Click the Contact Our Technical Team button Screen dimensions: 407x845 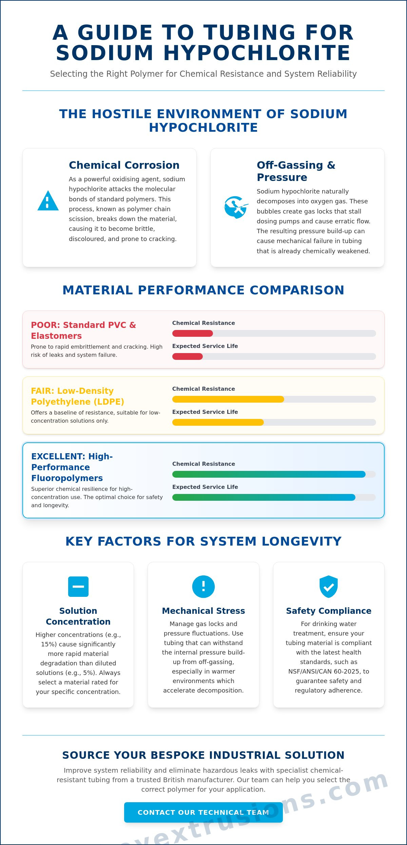point(203,812)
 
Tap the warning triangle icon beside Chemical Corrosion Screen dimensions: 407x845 point(48,201)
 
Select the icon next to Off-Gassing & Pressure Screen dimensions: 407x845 point(236,207)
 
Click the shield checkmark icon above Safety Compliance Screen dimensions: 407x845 point(329,586)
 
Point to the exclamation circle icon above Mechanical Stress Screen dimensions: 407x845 point(203,586)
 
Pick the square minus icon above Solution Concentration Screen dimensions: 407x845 point(78,586)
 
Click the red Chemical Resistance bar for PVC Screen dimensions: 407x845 point(193,333)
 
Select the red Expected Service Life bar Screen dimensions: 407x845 point(188,356)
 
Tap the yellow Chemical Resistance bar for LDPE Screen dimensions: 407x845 point(228,399)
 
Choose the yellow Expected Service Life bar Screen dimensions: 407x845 point(218,422)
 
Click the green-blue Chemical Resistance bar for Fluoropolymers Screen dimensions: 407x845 point(269,474)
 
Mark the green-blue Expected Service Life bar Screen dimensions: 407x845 point(264,497)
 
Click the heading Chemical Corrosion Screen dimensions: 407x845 point(124,165)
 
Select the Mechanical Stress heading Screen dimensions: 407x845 point(203,611)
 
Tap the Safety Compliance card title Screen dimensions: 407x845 point(329,611)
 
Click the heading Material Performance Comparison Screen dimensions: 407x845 point(203,290)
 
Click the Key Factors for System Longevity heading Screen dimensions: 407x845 point(203,541)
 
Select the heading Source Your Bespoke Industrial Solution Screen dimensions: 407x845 point(203,755)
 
